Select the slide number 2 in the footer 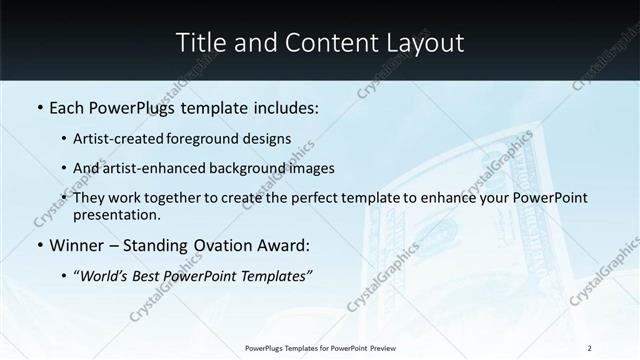point(590,348)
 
